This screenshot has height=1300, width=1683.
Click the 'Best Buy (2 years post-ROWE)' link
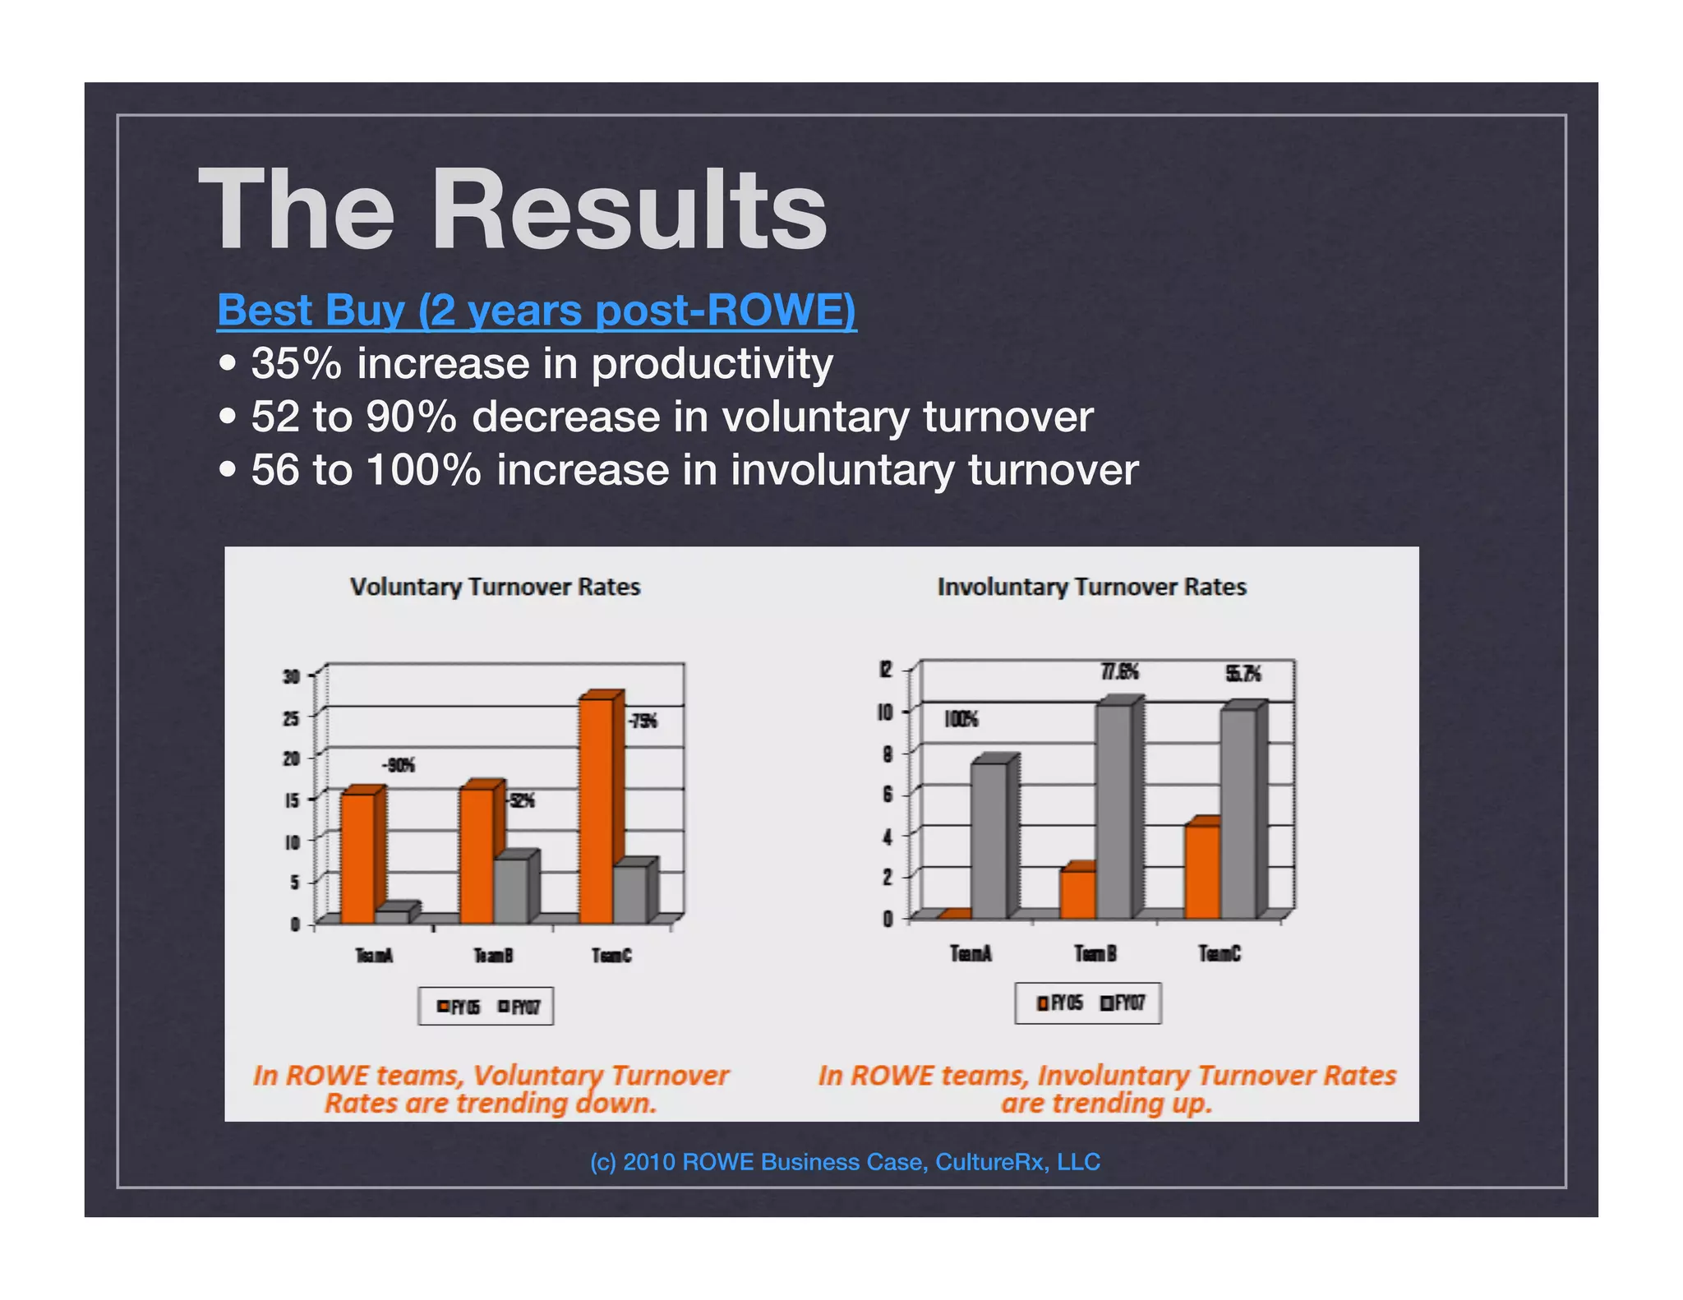[x=536, y=311]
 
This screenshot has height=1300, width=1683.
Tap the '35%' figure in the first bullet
[x=296, y=363]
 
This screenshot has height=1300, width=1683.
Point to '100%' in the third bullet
[x=423, y=470]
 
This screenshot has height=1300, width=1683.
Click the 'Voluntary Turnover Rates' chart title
[x=495, y=587]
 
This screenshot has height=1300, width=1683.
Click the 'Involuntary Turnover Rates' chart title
[x=1091, y=587]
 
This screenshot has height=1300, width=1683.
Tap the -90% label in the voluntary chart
[x=399, y=766]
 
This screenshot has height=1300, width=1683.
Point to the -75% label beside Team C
[x=642, y=721]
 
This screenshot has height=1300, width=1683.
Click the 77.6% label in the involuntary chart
[x=1119, y=672]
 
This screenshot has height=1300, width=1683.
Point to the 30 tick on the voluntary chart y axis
[x=291, y=677]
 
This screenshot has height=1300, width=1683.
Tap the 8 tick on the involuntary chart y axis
[x=888, y=754]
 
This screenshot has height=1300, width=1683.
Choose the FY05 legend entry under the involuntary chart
[x=1061, y=1003]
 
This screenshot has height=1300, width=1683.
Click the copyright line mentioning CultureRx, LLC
[x=845, y=1162]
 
